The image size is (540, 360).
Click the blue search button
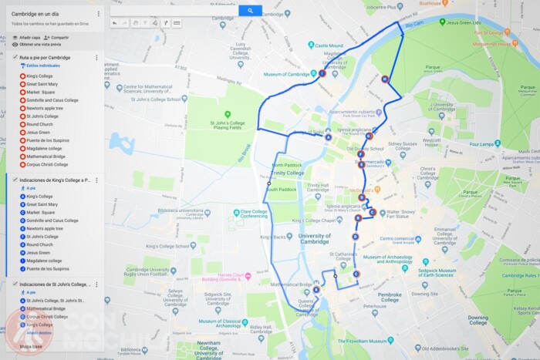point(250,11)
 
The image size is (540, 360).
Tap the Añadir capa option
point(29,37)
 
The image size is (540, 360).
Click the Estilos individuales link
point(43,66)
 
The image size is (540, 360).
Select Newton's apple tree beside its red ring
point(46,109)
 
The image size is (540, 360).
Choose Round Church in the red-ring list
point(39,124)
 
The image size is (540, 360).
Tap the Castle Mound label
point(329,45)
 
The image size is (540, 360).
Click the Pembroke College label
point(390,297)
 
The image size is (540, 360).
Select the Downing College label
point(478,320)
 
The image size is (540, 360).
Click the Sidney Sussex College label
point(403,143)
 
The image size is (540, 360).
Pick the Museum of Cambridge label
point(287,74)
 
